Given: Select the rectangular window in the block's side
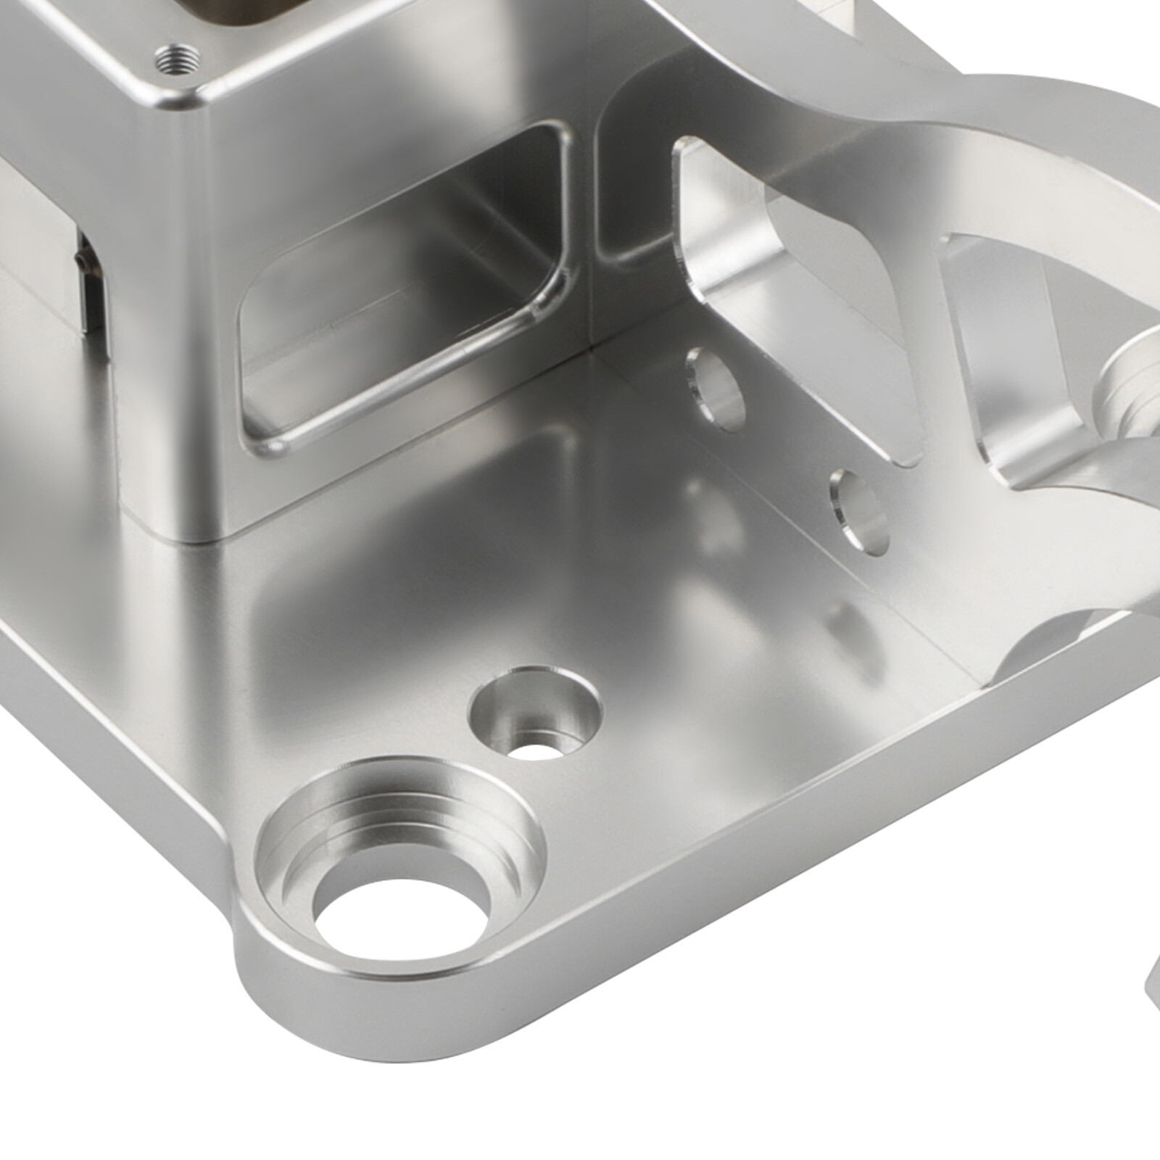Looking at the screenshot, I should click(x=406, y=290).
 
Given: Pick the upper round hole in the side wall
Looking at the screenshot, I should click(x=716, y=386).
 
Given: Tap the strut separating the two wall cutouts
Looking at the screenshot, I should click(x=942, y=348).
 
